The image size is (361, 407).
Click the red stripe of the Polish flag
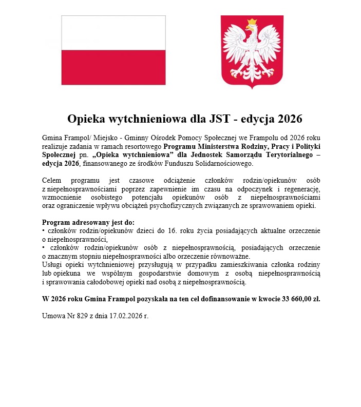click(x=113, y=67)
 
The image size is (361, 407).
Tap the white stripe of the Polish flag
click(x=113, y=32)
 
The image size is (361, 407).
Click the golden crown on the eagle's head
click(x=252, y=23)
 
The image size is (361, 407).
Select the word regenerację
click(x=300, y=189)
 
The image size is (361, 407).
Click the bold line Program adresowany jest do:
click(x=88, y=223)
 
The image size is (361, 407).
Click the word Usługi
click(x=52, y=265)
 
